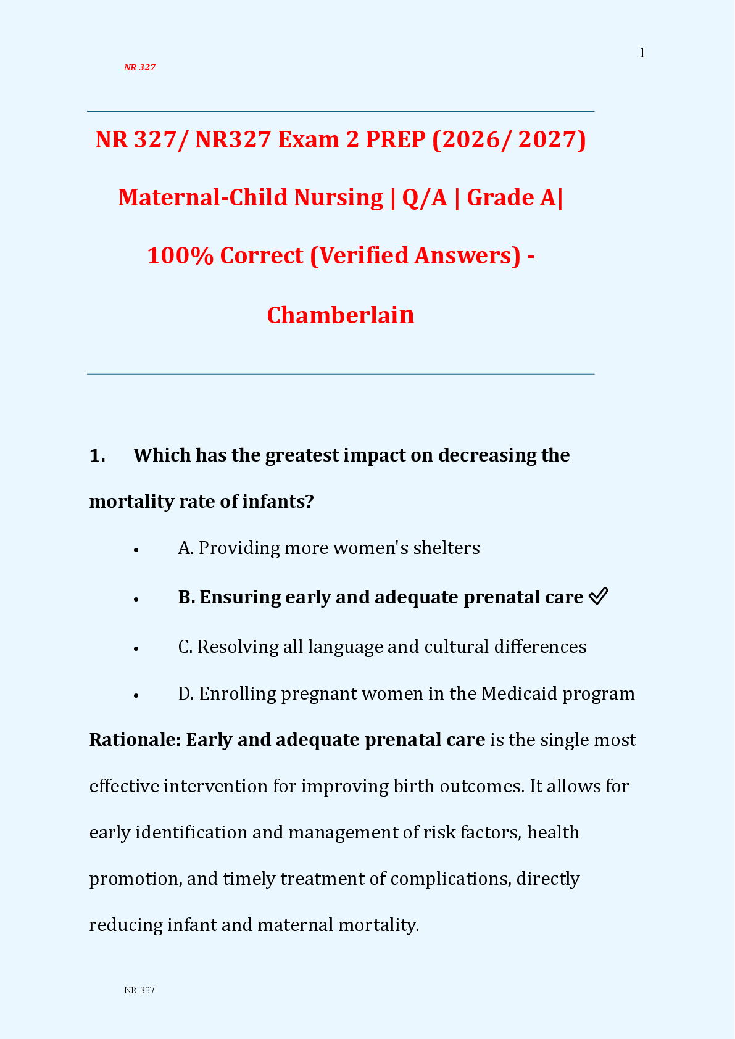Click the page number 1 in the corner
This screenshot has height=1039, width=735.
(642, 53)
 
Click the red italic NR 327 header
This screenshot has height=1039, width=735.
(139, 67)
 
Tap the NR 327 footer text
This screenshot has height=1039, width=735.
(139, 990)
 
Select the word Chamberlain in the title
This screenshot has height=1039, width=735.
(341, 315)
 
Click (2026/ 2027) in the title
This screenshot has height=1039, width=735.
(509, 139)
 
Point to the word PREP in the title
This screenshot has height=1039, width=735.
(396, 139)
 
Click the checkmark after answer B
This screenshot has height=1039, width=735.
(599, 596)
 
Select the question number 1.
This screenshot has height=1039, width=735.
(98, 455)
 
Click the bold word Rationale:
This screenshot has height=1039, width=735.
(135, 740)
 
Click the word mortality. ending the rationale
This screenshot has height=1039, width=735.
(378, 925)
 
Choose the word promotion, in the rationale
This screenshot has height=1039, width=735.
(136, 879)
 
